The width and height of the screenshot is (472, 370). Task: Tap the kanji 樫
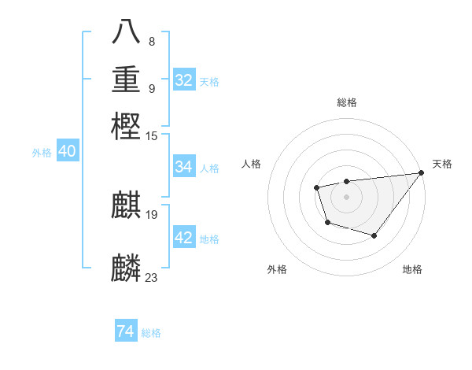click(x=127, y=125)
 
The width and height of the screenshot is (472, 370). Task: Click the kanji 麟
click(x=127, y=268)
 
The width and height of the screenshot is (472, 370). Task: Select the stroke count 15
click(x=152, y=135)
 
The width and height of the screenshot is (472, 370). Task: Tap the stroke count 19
click(x=152, y=215)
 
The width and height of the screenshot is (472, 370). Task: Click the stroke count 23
click(x=152, y=277)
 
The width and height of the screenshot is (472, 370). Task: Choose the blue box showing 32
click(x=184, y=80)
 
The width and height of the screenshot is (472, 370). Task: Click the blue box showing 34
click(x=184, y=167)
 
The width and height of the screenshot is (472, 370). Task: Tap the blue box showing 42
click(x=184, y=238)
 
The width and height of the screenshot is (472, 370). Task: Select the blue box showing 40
click(x=67, y=152)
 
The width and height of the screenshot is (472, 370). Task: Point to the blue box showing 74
click(x=125, y=331)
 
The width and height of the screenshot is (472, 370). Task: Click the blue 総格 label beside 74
click(x=151, y=333)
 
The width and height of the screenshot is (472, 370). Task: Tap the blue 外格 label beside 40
click(x=42, y=153)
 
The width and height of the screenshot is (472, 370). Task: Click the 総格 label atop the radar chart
click(x=346, y=102)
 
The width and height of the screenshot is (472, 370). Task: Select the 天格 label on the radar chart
click(x=442, y=164)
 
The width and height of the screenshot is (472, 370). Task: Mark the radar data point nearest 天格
click(x=422, y=173)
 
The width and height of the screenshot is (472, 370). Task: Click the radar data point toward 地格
click(x=374, y=235)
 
